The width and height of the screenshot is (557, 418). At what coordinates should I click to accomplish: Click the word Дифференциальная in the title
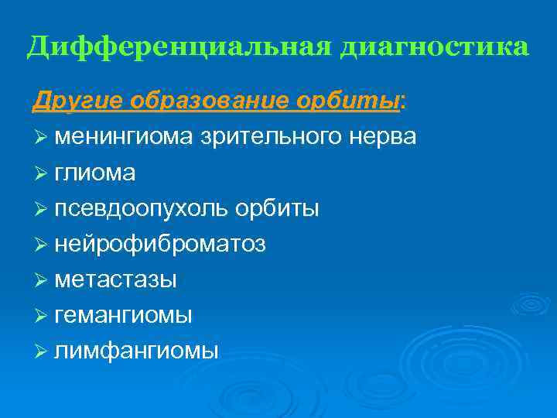(x=178, y=47)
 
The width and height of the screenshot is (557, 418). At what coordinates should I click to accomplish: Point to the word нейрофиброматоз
(x=160, y=245)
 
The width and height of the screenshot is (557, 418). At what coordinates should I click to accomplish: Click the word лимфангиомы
(x=136, y=351)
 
